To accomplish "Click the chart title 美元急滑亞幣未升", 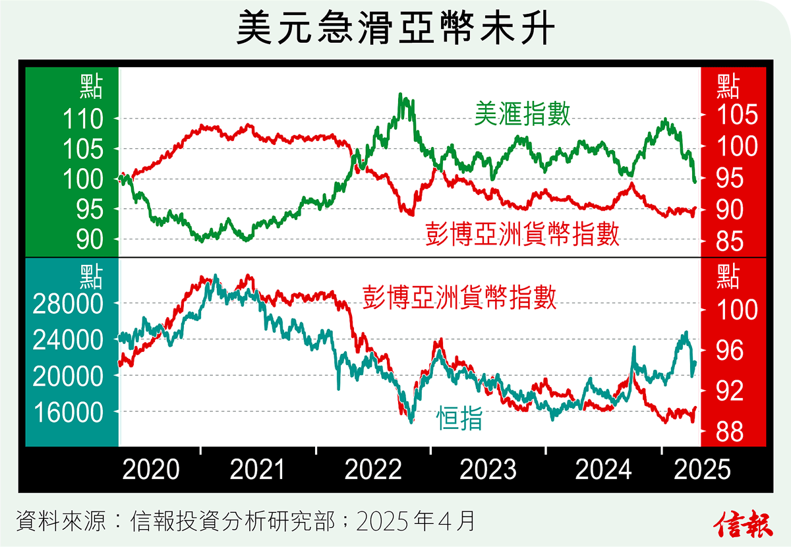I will pos(394,30).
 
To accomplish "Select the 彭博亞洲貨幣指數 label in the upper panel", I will pos(521,233).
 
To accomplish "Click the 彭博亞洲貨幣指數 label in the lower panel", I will pos(459,297).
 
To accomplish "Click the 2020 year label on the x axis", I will pos(151,471).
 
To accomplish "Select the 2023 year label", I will pos(488,471).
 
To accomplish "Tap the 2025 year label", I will pos(703,471).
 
